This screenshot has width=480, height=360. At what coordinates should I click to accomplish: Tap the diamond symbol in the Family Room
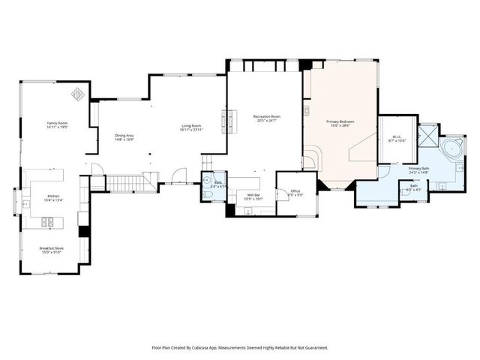pos(77,94)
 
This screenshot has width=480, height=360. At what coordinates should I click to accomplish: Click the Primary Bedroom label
pos(340,121)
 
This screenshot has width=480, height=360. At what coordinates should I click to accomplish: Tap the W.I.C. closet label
pos(397,136)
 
